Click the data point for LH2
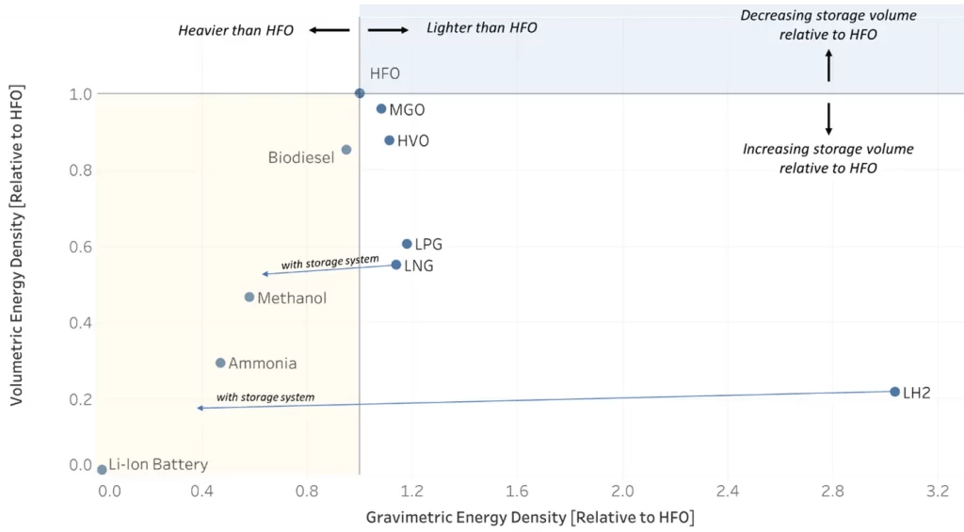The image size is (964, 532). point(894,391)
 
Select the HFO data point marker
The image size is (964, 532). point(360,93)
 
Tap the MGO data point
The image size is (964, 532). point(381,109)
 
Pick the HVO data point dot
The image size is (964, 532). point(389,140)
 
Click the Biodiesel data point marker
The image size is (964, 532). point(346,150)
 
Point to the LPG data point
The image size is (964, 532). point(407,244)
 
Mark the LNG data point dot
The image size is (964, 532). point(396,265)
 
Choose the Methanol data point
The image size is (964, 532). point(249,297)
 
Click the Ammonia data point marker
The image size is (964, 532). point(220,363)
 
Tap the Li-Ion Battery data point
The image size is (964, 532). point(102,469)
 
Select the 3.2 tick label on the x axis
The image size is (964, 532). point(937,492)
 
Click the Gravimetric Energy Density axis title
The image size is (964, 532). point(529,517)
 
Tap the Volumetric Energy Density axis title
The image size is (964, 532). point(16,245)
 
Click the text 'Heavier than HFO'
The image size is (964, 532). point(235,30)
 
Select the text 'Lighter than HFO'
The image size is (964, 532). point(482,28)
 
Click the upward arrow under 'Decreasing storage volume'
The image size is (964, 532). point(828,66)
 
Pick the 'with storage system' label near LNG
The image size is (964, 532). point(329,262)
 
